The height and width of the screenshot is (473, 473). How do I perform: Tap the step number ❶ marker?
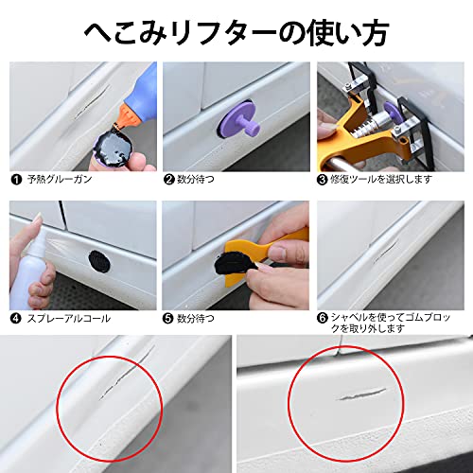(15, 177)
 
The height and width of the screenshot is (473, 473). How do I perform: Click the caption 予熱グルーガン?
(60, 178)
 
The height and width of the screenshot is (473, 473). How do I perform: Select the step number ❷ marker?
(169, 177)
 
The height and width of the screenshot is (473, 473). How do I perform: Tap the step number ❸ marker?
(323, 177)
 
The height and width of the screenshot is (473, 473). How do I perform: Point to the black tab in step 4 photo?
(97, 259)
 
